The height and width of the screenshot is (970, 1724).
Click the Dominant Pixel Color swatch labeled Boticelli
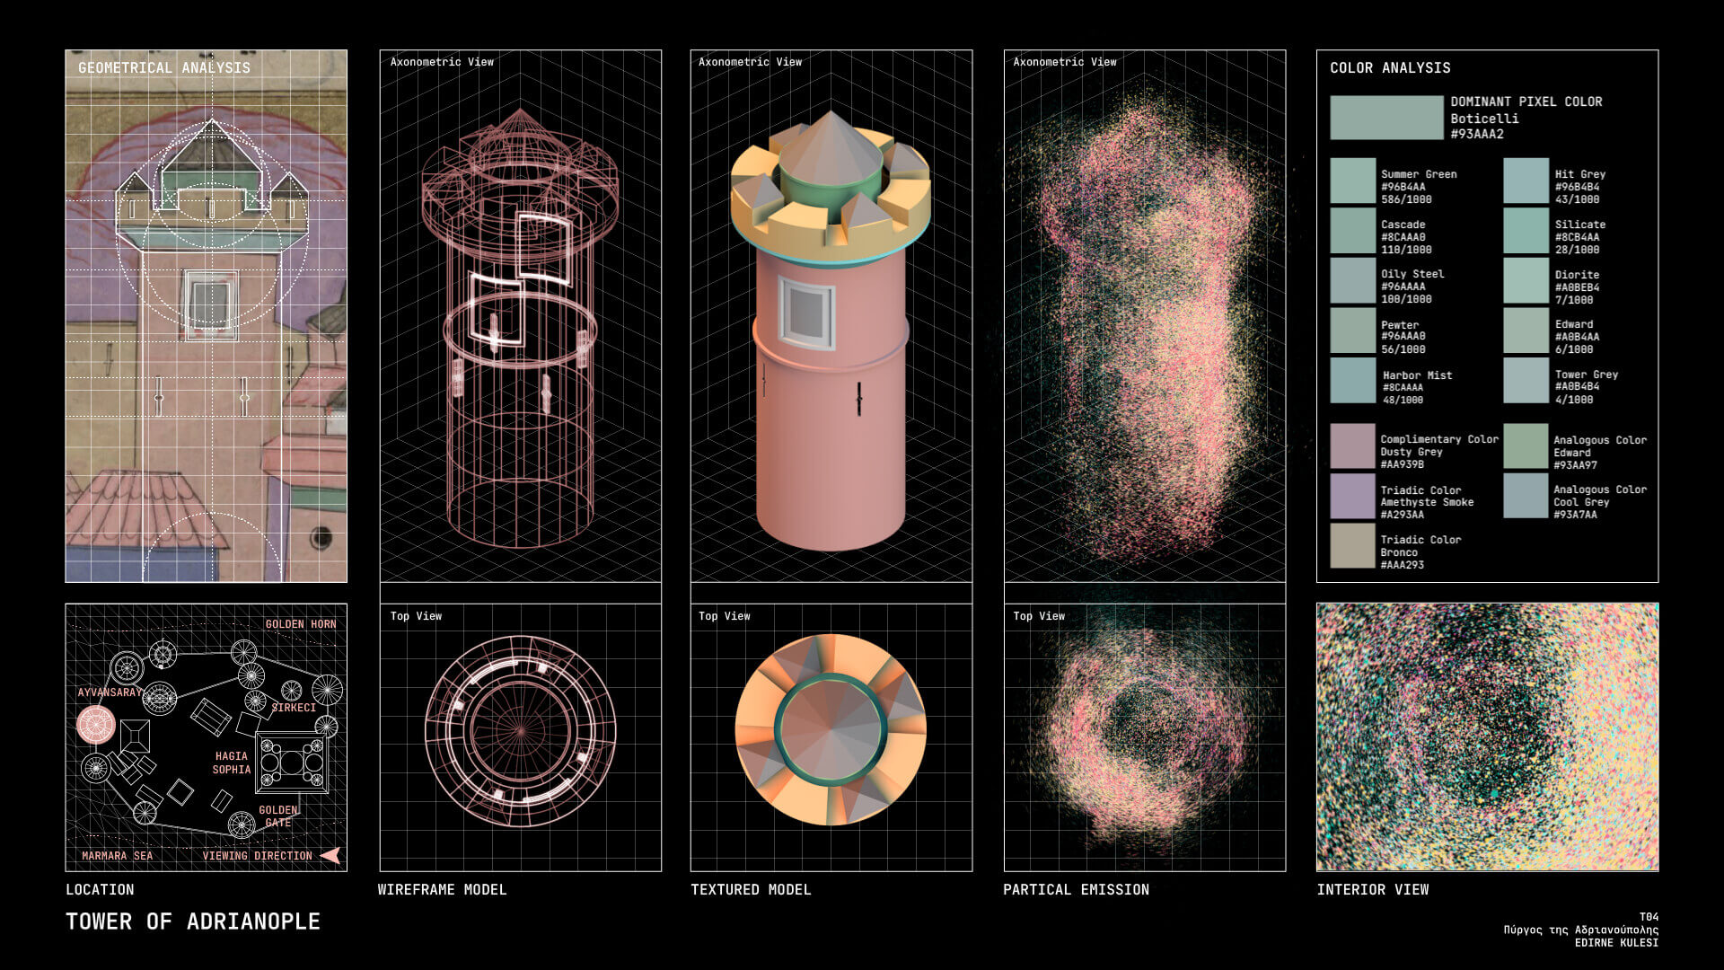tap(1385, 118)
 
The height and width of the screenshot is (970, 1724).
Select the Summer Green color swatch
tap(1352, 181)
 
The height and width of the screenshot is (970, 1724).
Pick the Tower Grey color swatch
tap(1526, 381)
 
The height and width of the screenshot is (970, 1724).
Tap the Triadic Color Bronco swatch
tap(1352, 546)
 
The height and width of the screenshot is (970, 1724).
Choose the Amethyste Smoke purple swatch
tap(1352, 497)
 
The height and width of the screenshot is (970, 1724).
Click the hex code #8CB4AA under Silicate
tap(1576, 238)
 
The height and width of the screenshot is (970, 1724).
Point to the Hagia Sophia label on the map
tap(231, 763)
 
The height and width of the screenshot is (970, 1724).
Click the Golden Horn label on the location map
tap(300, 624)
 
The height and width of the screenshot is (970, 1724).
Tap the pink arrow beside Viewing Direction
tap(330, 856)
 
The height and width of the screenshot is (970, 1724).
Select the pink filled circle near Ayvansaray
tap(96, 725)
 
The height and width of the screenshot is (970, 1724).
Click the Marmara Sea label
tap(117, 856)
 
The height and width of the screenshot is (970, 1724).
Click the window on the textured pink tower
tap(805, 313)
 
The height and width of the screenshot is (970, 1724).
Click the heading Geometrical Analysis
tap(163, 68)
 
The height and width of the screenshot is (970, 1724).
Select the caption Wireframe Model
tap(442, 890)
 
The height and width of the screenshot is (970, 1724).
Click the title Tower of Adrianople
tap(192, 921)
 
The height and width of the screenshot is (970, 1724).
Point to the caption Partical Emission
tap(1076, 890)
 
